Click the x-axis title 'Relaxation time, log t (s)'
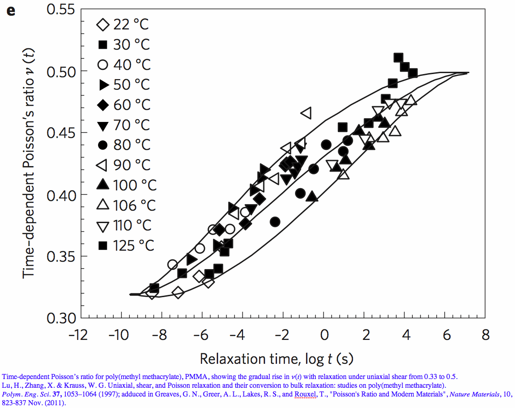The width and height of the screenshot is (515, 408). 276,358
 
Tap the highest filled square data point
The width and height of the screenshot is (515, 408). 399,57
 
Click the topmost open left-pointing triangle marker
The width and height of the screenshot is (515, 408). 306,112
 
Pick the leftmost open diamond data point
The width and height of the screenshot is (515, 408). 152,293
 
